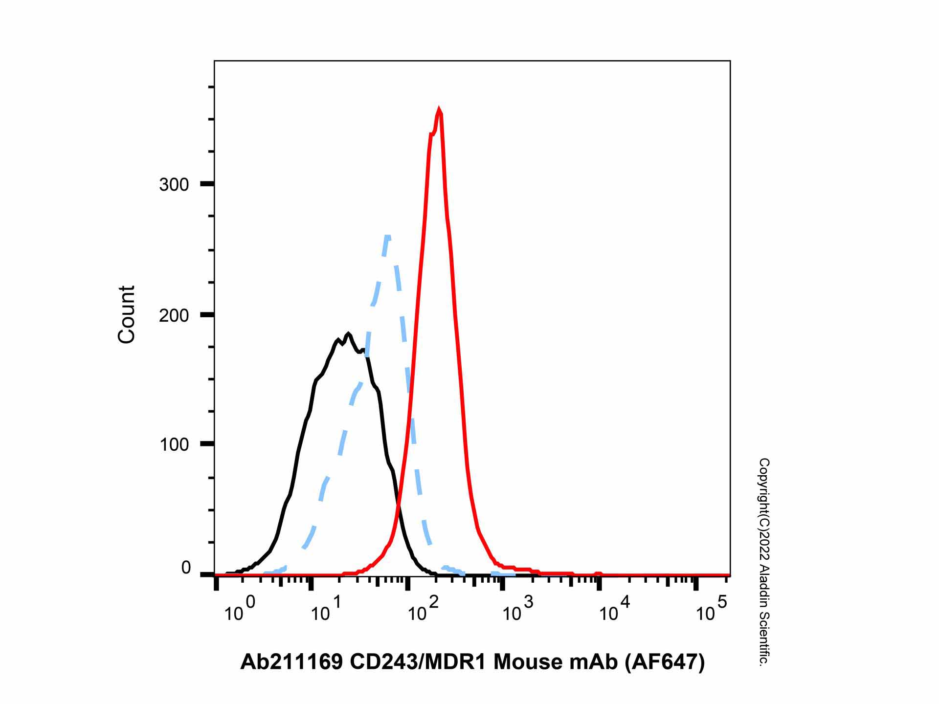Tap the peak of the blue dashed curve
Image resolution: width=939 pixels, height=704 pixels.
[x=387, y=237]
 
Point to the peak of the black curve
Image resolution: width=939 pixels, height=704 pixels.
[x=348, y=334]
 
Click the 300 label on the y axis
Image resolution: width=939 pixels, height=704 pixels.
[x=174, y=185]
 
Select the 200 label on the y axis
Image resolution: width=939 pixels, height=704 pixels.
[x=174, y=315]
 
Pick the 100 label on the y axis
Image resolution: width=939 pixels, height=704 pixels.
[x=174, y=445]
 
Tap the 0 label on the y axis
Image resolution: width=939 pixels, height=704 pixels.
[x=186, y=568]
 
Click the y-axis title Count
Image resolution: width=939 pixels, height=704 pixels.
[x=126, y=314]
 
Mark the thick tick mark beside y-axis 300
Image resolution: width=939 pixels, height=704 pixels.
[x=207, y=184]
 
